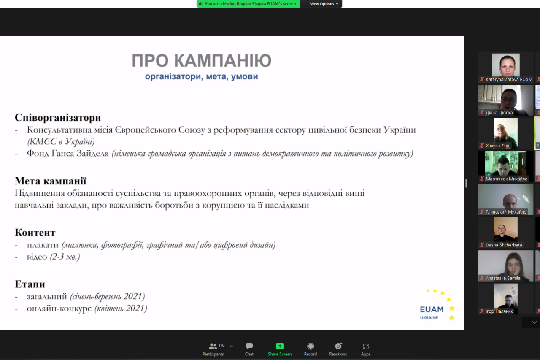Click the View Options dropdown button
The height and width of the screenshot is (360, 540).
[324, 4]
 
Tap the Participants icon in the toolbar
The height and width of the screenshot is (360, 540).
[213, 346]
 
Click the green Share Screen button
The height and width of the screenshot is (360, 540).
[280, 349]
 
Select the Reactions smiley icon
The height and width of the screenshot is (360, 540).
[338, 346]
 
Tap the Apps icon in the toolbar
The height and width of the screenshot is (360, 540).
[365, 346]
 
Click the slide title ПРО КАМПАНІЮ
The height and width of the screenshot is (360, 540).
[202, 60]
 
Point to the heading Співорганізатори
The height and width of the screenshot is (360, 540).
[58, 118]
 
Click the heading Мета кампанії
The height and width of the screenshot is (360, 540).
[51, 181]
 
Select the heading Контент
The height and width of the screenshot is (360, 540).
[35, 233]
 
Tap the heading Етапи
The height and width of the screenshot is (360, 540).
[30, 284]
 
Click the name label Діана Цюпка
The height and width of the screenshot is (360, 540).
[499, 113]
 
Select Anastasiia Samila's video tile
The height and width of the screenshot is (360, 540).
[506, 266]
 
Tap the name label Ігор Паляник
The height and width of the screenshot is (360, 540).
[499, 311]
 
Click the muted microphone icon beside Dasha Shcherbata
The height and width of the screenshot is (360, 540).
[482, 245]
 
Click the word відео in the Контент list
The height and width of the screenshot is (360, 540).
[37, 257]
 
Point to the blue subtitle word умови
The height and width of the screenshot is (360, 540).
[244, 76]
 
